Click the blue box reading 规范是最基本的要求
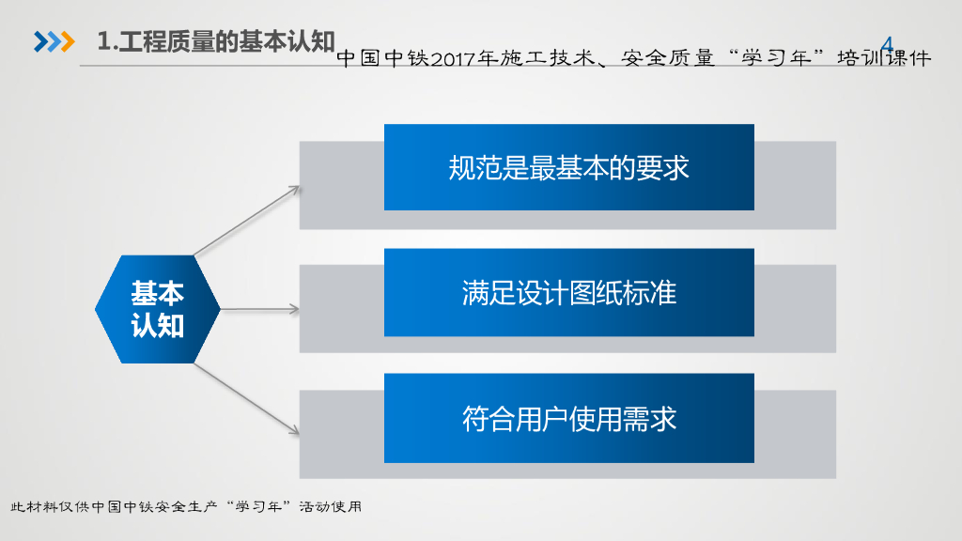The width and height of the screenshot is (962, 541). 568,167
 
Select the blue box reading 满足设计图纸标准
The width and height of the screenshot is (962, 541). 568,292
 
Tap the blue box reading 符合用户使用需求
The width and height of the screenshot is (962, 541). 568,418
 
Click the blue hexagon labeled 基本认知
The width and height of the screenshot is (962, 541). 158,309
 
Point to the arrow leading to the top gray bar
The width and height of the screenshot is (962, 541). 247,220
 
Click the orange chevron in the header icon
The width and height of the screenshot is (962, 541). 67,42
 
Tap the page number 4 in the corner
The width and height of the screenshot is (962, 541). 887,42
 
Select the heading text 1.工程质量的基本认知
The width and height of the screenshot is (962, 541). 217,42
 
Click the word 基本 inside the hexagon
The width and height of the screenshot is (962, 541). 158,293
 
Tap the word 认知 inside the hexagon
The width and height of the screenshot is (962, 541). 158,325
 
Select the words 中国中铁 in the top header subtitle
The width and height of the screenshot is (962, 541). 381,59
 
